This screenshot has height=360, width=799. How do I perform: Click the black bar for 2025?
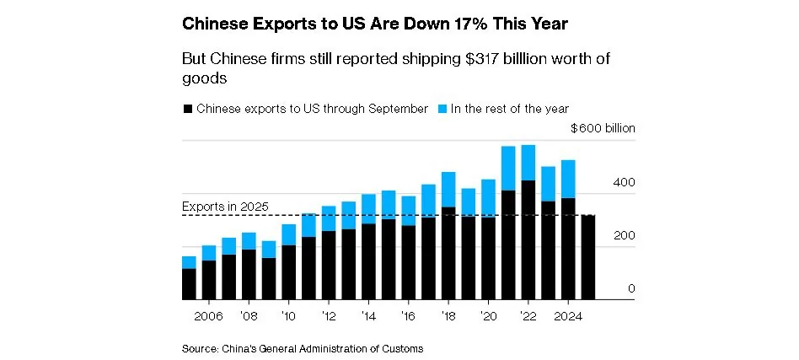587,257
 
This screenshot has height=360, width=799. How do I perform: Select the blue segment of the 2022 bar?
528,162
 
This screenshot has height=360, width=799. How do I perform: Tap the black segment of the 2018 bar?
448,253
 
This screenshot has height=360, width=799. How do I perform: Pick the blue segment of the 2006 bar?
208,253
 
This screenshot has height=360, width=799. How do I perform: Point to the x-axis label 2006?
208,317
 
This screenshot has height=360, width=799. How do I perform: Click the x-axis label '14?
367,317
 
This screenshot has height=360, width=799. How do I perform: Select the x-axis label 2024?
567,317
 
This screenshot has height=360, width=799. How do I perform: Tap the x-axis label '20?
488,317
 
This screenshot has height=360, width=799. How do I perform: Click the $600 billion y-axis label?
603,129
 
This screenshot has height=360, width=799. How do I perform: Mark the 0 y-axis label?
630,289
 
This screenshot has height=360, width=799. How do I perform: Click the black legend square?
187,109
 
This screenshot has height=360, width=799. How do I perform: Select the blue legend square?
442,109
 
